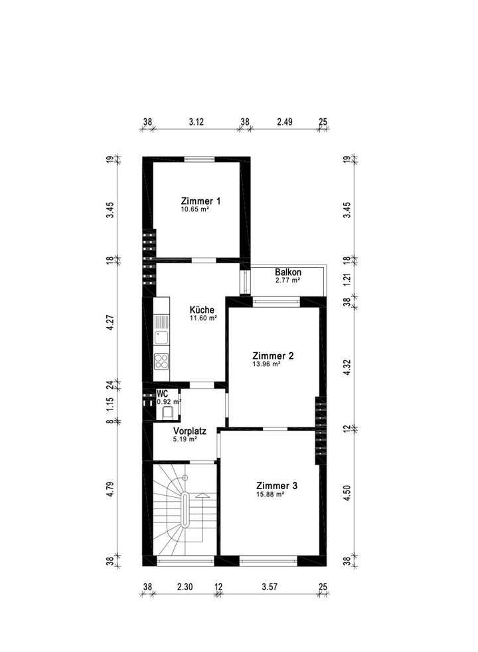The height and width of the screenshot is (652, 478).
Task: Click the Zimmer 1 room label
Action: pyautogui.click(x=200, y=201)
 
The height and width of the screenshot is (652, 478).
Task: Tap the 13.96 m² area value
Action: pyautogui.click(x=266, y=364)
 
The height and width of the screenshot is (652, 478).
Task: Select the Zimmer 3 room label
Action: pyautogui.click(x=277, y=486)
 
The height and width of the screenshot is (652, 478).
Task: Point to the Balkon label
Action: pyautogui.click(x=288, y=272)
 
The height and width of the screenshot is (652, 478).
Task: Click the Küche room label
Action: pyautogui.click(x=201, y=310)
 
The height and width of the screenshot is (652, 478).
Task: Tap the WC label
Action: pyautogui.click(x=162, y=393)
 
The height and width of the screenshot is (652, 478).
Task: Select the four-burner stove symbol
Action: pyautogui.click(x=161, y=361)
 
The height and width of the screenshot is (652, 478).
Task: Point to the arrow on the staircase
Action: pyautogui.click(x=202, y=495)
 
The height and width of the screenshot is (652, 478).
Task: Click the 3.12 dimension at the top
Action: pyautogui.click(x=196, y=122)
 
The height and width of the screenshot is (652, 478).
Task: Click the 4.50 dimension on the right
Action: pyautogui.click(x=346, y=494)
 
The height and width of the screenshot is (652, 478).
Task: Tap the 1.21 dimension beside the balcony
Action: pyautogui.click(x=346, y=280)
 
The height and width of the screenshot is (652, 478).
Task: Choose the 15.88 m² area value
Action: pyautogui.click(x=271, y=494)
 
